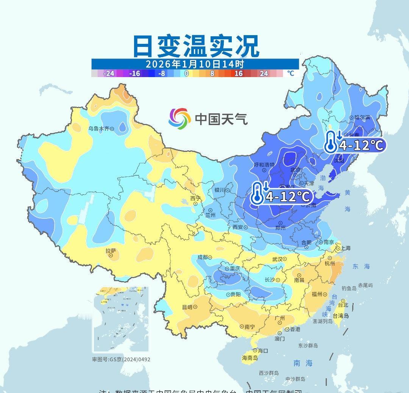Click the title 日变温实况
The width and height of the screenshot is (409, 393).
click(x=196, y=46)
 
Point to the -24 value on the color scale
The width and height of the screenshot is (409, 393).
click(x=108, y=73)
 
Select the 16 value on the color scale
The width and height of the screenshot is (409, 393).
click(x=238, y=73)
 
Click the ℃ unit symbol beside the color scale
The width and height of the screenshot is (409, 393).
click(x=290, y=73)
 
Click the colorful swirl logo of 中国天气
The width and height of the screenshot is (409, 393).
click(x=180, y=118)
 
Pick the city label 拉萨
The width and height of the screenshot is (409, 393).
click(x=111, y=251)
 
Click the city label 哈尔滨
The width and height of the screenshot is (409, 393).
click(x=362, y=118)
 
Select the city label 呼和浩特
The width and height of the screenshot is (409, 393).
click(x=264, y=165)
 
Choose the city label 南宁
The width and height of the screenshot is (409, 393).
click(x=250, y=326)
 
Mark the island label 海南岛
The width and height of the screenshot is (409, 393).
click(x=250, y=358)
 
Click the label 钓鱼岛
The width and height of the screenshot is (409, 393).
click(x=349, y=288)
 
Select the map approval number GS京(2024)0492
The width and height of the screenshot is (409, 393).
click(x=121, y=359)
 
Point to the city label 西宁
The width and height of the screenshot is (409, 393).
click(x=195, y=198)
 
